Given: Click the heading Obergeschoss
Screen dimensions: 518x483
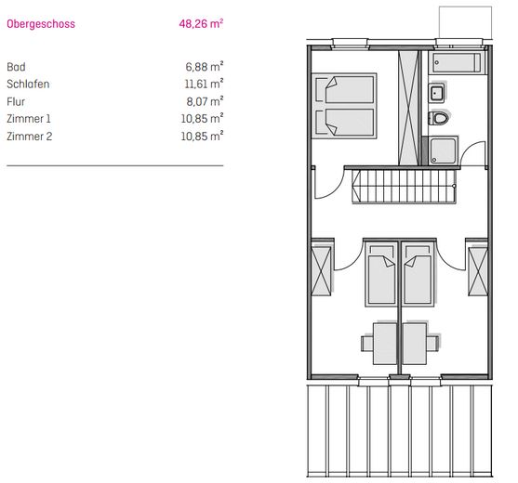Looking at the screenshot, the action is (41, 24).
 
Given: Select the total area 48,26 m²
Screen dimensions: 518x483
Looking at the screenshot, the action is (201, 23).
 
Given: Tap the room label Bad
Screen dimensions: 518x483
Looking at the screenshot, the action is (16, 67).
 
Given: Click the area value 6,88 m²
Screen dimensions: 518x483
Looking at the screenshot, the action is (205, 67).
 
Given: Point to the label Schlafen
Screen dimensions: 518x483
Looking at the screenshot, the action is (28, 85).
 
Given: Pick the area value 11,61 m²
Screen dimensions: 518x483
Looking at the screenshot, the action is (204, 84).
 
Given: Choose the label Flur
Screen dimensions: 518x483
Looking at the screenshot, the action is (16, 101).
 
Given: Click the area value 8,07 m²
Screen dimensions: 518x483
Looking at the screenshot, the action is (205, 101).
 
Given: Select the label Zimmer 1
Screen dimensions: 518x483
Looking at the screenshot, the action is (29, 119).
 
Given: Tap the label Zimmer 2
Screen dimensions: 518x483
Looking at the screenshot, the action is (30, 137).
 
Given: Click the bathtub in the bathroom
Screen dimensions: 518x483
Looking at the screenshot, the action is (457, 62).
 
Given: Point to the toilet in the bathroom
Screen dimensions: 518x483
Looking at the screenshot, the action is (439, 118).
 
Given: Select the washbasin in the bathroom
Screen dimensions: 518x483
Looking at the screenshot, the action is (436, 93).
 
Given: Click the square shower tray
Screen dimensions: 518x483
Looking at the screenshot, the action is (443, 150).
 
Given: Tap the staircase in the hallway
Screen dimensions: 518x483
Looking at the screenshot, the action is (404, 187).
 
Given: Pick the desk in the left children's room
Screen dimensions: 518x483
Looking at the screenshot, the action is (384, 344).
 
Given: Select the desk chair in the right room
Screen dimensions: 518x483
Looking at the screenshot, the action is (432, 344).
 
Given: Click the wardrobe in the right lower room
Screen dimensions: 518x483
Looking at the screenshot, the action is (478, 271).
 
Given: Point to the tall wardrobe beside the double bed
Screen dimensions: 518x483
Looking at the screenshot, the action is (408, 108).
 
